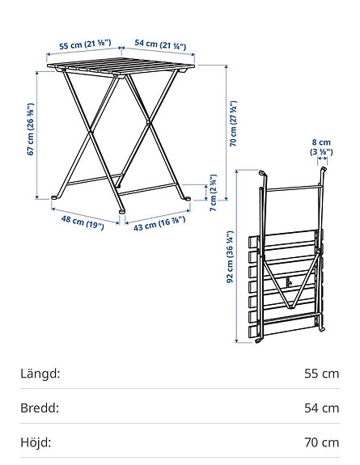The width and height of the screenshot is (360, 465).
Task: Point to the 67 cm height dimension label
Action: [31, 129]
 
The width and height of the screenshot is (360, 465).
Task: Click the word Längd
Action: [40, 374]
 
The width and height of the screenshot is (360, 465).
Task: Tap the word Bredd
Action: [40, 408]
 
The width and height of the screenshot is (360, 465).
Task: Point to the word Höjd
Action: [36, 442]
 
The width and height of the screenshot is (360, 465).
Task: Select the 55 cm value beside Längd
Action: [321, 374]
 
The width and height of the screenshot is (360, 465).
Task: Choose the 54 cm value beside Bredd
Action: [321, 408]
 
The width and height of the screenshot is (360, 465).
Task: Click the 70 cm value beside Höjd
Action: [321, 442]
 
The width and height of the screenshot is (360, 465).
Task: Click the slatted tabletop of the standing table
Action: [121, 69]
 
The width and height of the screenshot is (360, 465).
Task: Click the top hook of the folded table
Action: [262, 172]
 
